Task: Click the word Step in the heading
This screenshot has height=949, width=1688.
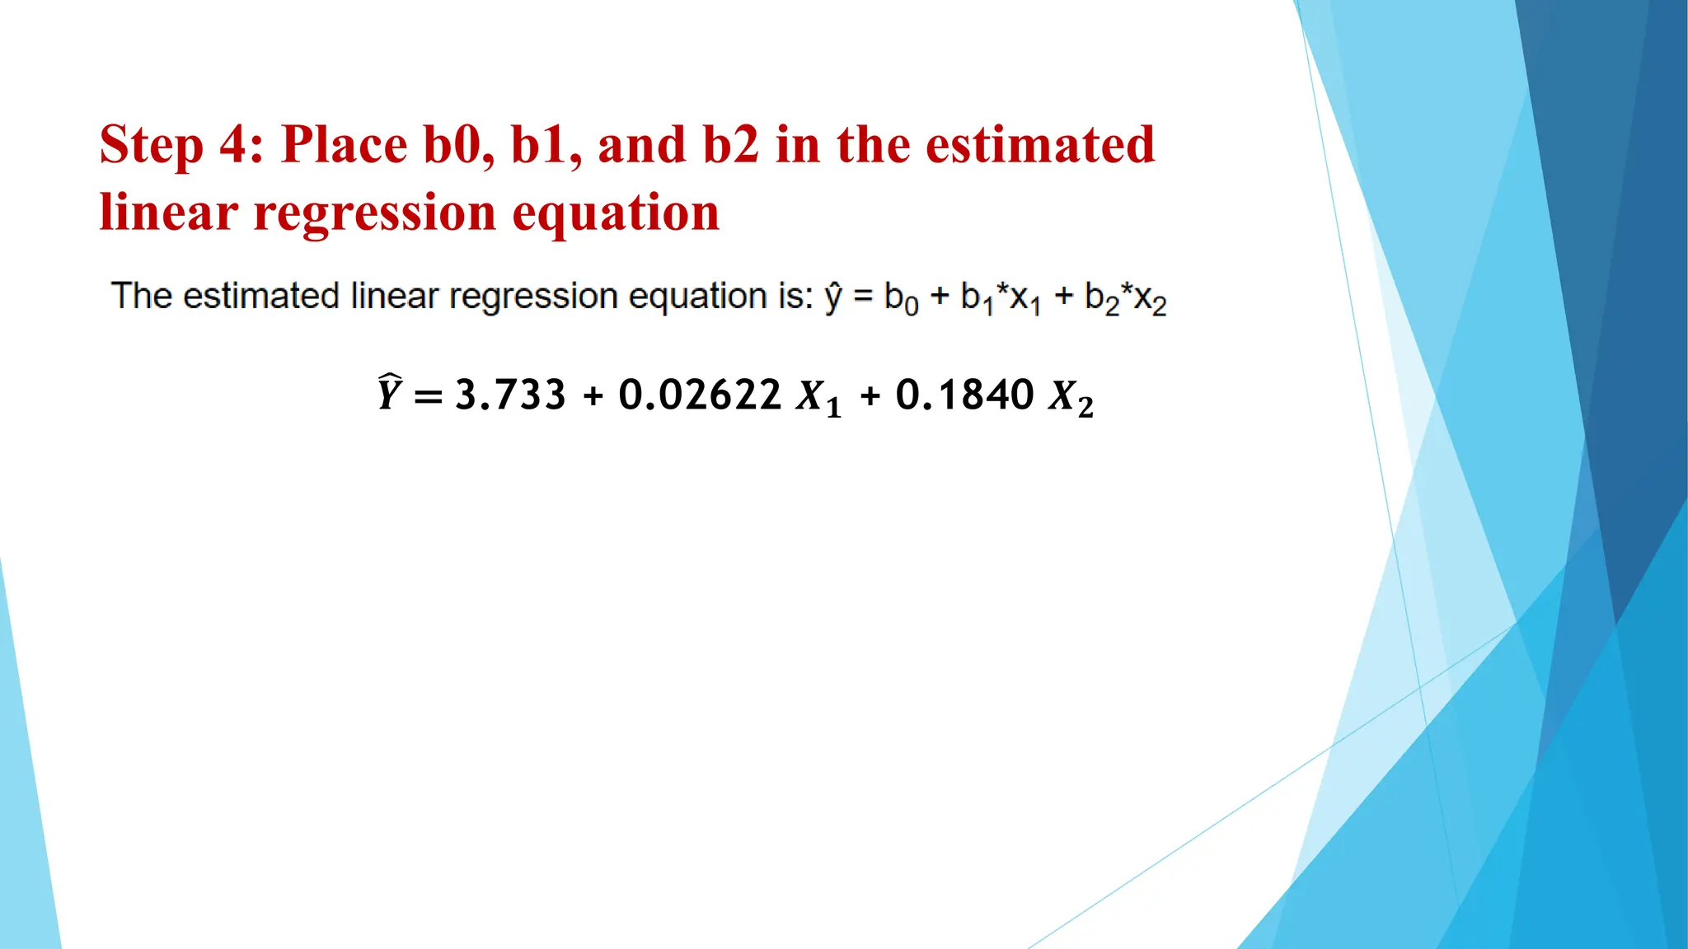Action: coord(151,145)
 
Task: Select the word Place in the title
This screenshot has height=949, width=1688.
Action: coord(344,145)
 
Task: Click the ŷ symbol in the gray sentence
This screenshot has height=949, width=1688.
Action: coord(833,297)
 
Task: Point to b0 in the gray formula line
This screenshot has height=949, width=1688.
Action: coord(901,298)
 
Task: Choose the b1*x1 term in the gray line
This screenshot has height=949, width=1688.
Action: coord(1000,298)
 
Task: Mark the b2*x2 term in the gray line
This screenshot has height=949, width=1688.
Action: coord(1125,298)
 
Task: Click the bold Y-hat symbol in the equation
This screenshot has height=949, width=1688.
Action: coord(389,393)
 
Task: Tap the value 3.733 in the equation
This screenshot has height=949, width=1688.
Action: coord(510,395)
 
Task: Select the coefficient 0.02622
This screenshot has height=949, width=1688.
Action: coord(700,395)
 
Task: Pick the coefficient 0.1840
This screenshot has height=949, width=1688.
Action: coord(964,395)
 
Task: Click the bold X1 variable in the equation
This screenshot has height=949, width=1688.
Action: coord(819,398)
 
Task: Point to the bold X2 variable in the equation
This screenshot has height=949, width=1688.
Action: coord(1071,398)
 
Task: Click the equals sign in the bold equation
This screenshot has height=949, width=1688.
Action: coord(428,396)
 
